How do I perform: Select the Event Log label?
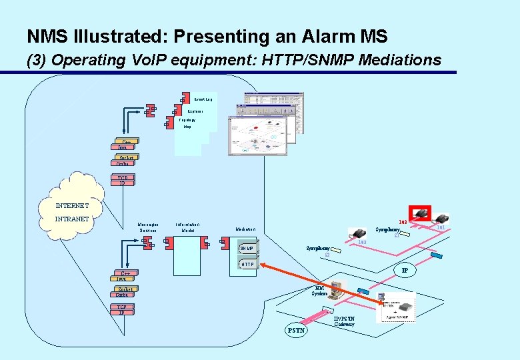(204, 99)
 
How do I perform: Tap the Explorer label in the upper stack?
(195, 111)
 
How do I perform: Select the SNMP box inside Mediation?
(247, 249)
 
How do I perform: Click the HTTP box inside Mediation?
(247, 265)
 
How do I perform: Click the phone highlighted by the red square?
(420, 213)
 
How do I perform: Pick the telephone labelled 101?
(441, 219)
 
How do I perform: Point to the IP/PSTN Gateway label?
(344, 321)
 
